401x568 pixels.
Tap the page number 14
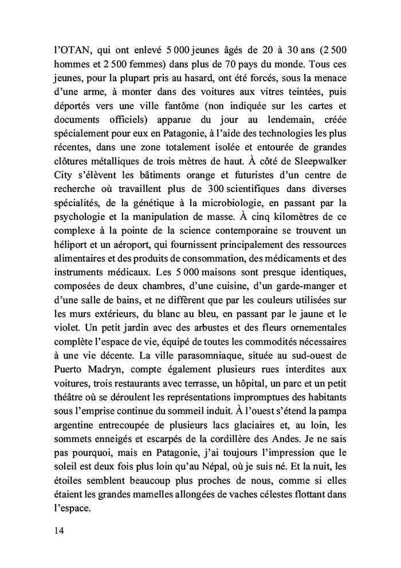tap(56, 530)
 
